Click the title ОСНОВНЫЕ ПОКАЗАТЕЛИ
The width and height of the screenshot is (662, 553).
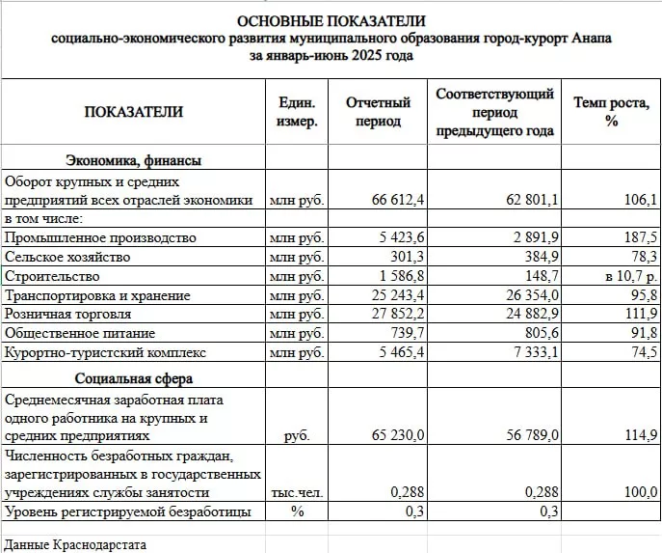pyautogui.click(x=331, y=21)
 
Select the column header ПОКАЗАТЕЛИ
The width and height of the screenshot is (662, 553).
pyautogui.click(x=133, y=112)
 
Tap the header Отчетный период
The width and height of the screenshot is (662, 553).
pyautogui.click(x=378, y=112)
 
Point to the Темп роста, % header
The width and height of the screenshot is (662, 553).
pyautogui.click(x=611, y=112)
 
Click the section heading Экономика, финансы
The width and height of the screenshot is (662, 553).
pyautogui.click(x=133, y=161)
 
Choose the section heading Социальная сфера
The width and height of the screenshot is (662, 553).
pyautogui.click(x=133, y=379)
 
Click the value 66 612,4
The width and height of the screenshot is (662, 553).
pyautogui.click(x=398, y=200)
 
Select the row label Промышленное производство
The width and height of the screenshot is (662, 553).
pyautogui.click(x=100, y=237)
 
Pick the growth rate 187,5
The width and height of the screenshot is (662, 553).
pyautogui.click(x=640, y=237)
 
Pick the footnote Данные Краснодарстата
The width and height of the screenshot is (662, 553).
pyautogui.click(x=75, y=544)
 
